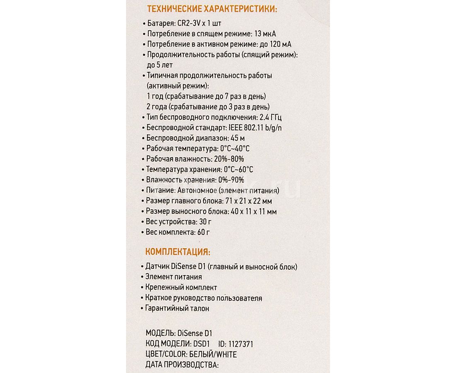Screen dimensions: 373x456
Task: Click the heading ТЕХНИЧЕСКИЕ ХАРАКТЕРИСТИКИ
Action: tap(212, 9)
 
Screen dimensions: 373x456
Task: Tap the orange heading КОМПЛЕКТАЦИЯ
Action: tap(177, 252)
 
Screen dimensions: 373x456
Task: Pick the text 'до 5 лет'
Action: tap(160, 65)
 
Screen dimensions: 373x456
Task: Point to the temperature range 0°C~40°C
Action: tap(235, 149)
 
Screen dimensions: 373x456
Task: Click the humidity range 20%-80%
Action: tap(229, 159)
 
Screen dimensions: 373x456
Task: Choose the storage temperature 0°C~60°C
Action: tap(238, 170)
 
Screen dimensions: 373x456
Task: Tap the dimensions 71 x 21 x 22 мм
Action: tap(248, 201)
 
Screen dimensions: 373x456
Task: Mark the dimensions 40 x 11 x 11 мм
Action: tap(254, 211)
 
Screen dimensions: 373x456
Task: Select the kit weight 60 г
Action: tap(204, 232)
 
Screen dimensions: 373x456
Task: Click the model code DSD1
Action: tap(202, 344)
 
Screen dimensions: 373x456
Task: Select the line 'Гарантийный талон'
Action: tap(177, 308)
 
